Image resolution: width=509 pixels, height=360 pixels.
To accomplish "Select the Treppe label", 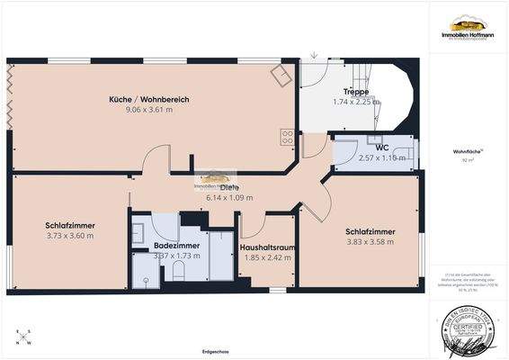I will [357, 92].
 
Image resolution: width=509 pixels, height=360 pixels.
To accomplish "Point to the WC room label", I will [381, 147].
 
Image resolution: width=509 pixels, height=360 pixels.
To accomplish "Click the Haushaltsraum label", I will [269, 247].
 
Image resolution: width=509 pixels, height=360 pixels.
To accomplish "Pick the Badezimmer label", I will [176, 245].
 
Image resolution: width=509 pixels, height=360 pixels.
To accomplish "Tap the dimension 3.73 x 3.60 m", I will [70, 236].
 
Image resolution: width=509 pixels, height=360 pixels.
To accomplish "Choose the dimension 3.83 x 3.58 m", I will [371, 242].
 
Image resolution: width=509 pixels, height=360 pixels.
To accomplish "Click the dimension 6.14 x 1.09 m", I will [229, 197].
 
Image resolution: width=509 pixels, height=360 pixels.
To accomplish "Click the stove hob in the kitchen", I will [288, 138].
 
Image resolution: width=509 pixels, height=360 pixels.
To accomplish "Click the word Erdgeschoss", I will [217, 351].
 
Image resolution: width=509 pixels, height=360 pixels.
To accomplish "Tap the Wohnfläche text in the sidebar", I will [467, 153].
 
